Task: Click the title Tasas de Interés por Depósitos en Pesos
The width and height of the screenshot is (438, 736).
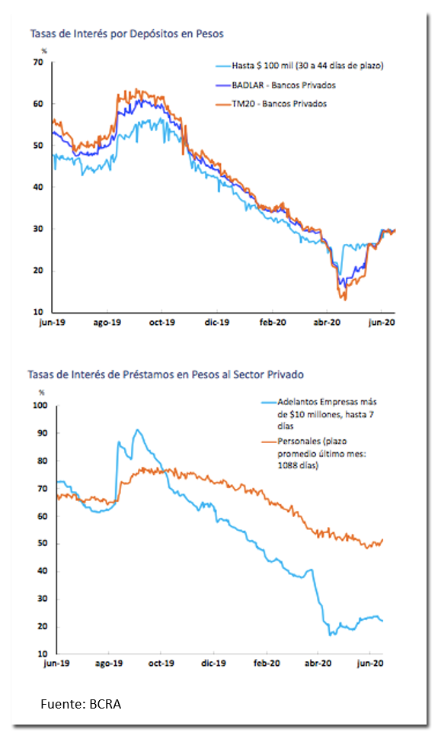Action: pyautogui.click(x=126, y=34)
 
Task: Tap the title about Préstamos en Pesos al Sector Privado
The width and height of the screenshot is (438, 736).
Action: pyautogui.click(x=165, y=374)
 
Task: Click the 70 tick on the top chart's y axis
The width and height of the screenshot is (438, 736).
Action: pyautogui.click(x=38, y=62)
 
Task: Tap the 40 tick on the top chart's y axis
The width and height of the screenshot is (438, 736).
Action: pyautogui.click(x=38, y=187)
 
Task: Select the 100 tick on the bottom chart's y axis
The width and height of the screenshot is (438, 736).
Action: pyautogui.click(x=40, y=405)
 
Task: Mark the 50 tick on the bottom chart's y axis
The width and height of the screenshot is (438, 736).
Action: pyautogui.click(x=42, y=544)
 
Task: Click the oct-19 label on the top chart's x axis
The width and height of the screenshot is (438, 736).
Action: pyautogui.click(x=161, y=323)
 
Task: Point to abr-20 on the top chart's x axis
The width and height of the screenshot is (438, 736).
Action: pyautogui.click(x=327, y=323)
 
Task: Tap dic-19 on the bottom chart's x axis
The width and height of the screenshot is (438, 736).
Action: pyautogui.click(x=214, y=664)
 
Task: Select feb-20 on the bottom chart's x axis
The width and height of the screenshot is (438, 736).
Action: pyautogui.click(x=267, y=664)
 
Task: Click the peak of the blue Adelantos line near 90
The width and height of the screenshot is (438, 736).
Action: pyautogui.click(x=137, y=429)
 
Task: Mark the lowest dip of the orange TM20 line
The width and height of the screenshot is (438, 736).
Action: pyautogui.click(x=345, y=300)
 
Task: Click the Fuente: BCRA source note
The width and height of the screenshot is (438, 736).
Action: pyautogui.click(x=81, y=704)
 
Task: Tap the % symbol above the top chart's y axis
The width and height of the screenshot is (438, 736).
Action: pyautogui.click(x=44, y=50)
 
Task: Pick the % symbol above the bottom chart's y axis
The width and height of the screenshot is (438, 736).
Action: pyautogui.click(x=42, y=393)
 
